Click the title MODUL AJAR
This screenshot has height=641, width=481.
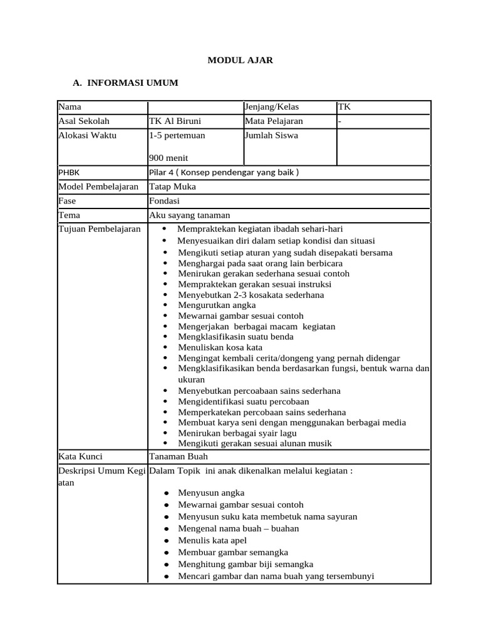pos(240,61)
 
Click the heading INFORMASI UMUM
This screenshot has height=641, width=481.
pos(133,83)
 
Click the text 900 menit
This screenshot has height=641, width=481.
pos(169,158)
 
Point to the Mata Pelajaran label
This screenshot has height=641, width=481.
pos(274,121)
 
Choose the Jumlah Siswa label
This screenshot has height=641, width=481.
pos(272,135)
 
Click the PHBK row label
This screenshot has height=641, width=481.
pos(69,172)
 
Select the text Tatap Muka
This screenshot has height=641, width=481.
pos(172,187)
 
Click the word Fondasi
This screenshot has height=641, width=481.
pos(164,201)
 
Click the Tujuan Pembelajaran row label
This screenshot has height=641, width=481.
pos(99,229)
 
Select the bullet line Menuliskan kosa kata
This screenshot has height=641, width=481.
pos(220,347)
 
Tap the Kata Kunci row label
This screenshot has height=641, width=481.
pos(80,456)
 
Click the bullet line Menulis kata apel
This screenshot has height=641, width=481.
pos(212,540)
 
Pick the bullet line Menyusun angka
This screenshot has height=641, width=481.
pos(211,493)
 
